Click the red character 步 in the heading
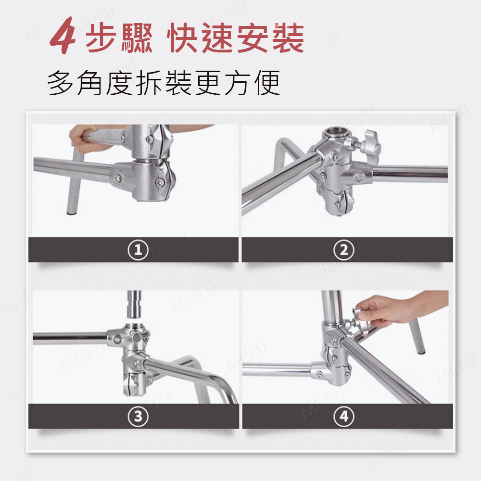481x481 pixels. [x=101, y=38]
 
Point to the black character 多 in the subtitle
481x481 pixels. [x=60, y=83]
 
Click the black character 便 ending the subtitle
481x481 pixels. [x=267, y=83]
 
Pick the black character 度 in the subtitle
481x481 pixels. [x=119, y=83]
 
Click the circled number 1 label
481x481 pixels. [x=138, y=250]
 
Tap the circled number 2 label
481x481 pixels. [x=344, y=250]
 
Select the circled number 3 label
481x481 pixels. [x=138, y=416]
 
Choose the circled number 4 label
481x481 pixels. [x=344, y=416]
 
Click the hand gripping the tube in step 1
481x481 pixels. [x=83, y=139]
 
